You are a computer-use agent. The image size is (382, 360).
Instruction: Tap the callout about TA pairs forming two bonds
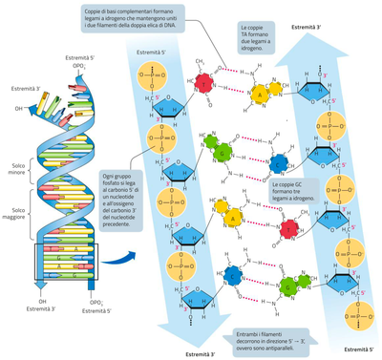tap(253, 37)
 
